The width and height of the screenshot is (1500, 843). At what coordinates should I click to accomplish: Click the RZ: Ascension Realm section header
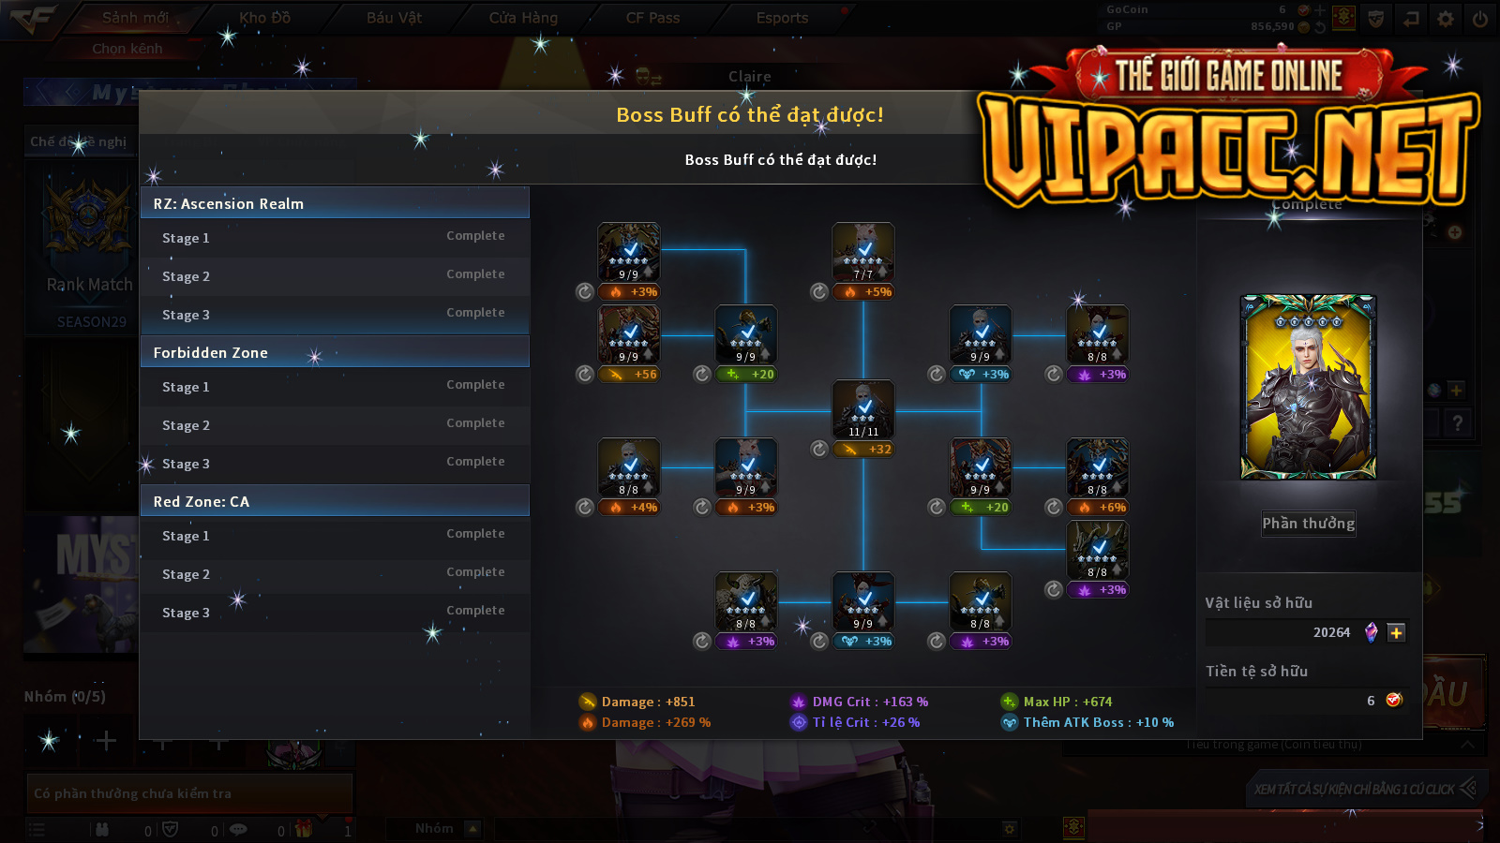click(335, 203)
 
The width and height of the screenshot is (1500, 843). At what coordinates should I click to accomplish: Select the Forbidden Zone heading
click(335, 352)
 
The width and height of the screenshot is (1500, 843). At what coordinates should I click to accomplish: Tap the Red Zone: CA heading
click(335, 501)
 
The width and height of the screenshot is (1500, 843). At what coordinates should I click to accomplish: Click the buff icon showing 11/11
click(863, 409)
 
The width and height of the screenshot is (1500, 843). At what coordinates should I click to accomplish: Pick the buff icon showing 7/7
click(863, 252)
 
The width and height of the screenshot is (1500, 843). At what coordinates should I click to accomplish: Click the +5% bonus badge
click(868, 292)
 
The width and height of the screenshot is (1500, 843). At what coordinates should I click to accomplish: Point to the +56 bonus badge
click(634, 375)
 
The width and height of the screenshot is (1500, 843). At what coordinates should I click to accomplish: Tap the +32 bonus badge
click(868, 450)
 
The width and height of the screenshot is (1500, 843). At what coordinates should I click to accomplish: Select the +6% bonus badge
click(1102, 508)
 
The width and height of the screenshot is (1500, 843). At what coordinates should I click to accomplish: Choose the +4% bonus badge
click(634, 508)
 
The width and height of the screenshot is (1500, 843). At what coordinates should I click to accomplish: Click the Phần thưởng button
click(1308, 524)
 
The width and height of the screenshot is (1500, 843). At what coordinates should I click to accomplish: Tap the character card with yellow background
click(1308, 387)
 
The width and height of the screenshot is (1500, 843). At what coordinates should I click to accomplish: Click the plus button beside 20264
click(1396, 633)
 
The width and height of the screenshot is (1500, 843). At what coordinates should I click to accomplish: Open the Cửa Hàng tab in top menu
click(523, 18)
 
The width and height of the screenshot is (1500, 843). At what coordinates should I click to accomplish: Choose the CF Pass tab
click(652, 18)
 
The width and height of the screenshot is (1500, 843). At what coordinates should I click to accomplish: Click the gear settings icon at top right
click(1446, 19)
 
